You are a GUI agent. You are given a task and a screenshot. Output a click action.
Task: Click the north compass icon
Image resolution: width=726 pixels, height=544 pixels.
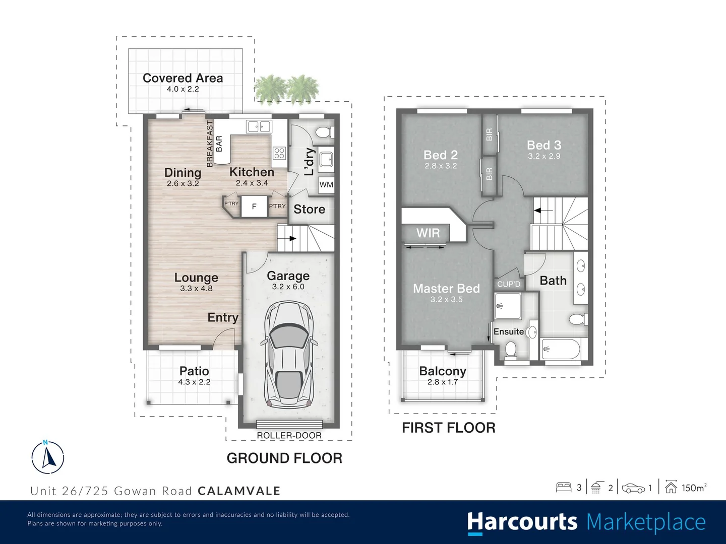click(48, 457)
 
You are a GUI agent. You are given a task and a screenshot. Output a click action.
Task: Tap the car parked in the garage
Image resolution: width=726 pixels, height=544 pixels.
click(289, 355)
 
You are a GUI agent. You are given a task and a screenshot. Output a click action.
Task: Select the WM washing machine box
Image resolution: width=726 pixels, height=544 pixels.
click(326, 184)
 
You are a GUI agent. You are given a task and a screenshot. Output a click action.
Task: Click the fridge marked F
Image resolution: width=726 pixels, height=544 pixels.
click(254, 207)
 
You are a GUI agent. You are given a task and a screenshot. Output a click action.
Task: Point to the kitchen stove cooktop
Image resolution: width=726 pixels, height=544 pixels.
click(279, 153)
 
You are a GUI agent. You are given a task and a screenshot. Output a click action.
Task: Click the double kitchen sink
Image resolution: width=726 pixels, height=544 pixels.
click(259, 126)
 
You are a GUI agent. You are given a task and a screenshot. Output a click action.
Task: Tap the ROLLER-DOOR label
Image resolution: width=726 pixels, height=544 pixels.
click(289, 436)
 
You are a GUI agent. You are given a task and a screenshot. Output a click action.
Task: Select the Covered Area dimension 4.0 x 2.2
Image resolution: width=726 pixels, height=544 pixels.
click(183, 89)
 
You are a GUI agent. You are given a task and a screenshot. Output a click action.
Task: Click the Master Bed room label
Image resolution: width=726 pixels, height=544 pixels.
click(446, 289)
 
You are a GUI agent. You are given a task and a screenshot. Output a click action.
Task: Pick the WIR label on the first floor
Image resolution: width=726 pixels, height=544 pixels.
click(428, 233)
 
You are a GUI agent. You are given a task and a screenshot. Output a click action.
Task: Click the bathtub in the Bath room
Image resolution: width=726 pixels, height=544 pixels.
click(561, 349)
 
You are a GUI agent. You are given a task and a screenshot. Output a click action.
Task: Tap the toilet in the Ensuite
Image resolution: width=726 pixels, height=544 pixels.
click(510, 350)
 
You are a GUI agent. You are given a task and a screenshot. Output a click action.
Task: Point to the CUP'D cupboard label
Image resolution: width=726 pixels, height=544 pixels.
click(508, 284)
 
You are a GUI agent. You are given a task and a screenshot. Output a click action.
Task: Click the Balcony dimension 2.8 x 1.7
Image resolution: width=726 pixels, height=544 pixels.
click(442, 382)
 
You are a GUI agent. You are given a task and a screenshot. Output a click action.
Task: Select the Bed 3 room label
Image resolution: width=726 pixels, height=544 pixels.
click(543, 145)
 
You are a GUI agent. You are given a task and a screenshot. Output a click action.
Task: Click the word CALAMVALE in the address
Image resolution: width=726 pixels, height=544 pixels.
click(239, 491)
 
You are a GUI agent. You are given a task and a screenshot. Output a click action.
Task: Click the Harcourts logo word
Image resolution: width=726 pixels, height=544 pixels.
click(522, 522)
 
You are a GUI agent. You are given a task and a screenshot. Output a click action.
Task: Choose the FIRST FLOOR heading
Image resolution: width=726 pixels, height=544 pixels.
click(448, 428)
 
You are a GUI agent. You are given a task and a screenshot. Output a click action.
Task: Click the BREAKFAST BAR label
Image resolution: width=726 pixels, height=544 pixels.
click(214, 144)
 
